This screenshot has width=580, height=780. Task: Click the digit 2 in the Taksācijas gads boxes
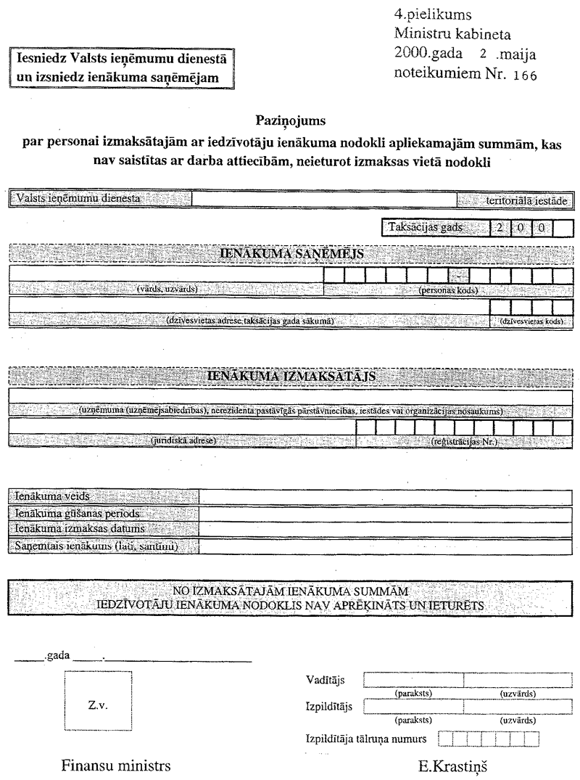500,227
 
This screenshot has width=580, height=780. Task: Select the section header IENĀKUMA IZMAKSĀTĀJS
290,377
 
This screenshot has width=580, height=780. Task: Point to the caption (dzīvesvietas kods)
531,321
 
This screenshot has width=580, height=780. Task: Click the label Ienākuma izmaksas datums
78,529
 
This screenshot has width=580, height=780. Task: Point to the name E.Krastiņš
449,765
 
